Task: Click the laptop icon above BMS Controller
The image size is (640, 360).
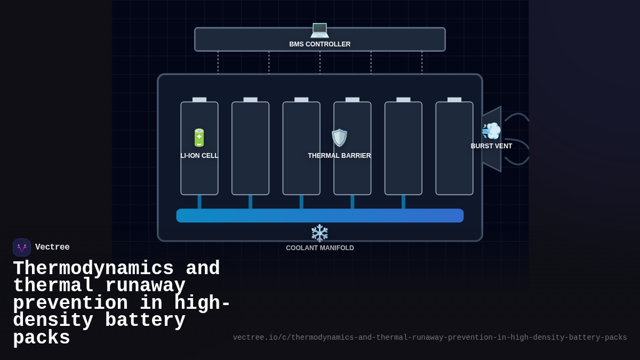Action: pyautogui.click(x=319, y=29)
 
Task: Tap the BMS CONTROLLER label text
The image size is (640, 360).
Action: pyautogui.click(x=319, y=44)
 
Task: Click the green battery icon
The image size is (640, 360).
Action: pyautogui.click(x=199, y=138)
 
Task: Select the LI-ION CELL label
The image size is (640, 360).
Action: pyautogui.click(x=199, y=156)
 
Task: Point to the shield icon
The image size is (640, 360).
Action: pyautogui.click(x=339, y=138)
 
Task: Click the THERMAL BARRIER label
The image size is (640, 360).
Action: pyautogui.click(x=339, y=156)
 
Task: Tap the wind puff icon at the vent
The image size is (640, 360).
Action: pyautogui.click(x=491, y=131)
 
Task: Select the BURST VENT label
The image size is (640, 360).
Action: pyautogui.click(x=491, y=146)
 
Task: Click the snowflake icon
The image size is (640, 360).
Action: pyautogui.click(x=319, y=233)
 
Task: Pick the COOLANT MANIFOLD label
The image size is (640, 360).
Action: pyautogui.click(x=319, y=248)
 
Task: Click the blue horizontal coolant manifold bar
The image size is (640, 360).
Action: pyautogui.click(x=319, y=215)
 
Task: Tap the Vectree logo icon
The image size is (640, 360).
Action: pyautogui.click(x=22, y=247)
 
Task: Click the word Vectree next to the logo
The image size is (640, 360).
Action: pyautogui.click(x=52, y=247)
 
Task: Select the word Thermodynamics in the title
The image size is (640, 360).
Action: pyautogui.click(x=93, y=268)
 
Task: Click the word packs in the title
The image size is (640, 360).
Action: pyautogui.click(x=42, y=338)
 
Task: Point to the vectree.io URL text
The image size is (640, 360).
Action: pyautogui.click(x=429, y=338)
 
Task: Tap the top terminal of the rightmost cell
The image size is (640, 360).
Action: pyautogui.click(x=454, y=100)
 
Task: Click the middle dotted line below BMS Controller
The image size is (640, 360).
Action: pyautogui.click(x=320, y=62)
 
